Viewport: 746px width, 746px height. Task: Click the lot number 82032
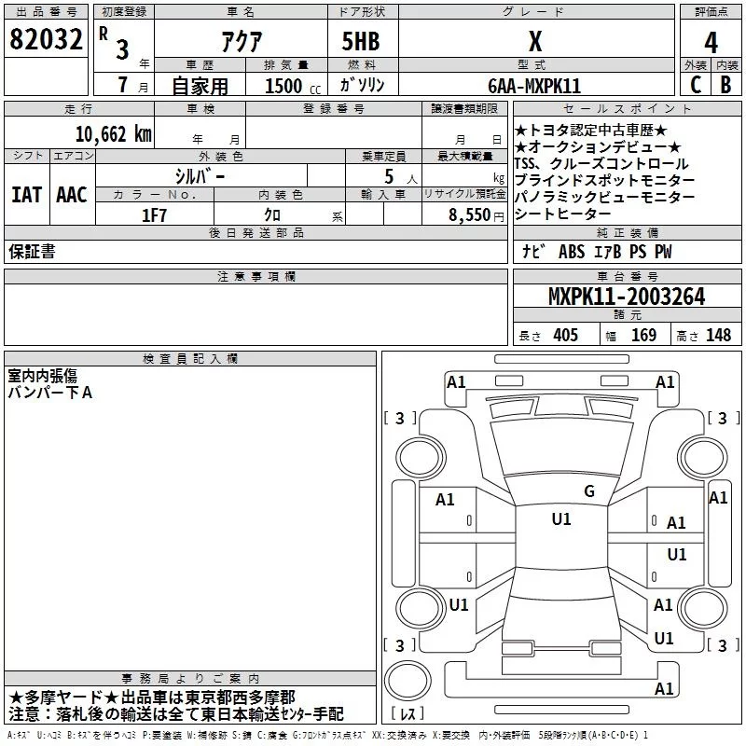pos(46,39)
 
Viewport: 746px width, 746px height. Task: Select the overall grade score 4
pos(711,42)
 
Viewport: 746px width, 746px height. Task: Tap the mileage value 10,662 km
pos(113,134)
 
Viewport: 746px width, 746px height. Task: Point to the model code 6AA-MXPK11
pos(534,86)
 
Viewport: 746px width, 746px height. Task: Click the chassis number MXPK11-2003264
pos(627,297)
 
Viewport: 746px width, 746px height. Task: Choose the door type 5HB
pos(361,41)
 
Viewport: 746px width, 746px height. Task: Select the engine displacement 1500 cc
pos(293,86)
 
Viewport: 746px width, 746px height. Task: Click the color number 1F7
pos(154,215)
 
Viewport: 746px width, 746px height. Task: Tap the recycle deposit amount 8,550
pos(469,215)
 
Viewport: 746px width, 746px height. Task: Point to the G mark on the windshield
pos(589,491)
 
